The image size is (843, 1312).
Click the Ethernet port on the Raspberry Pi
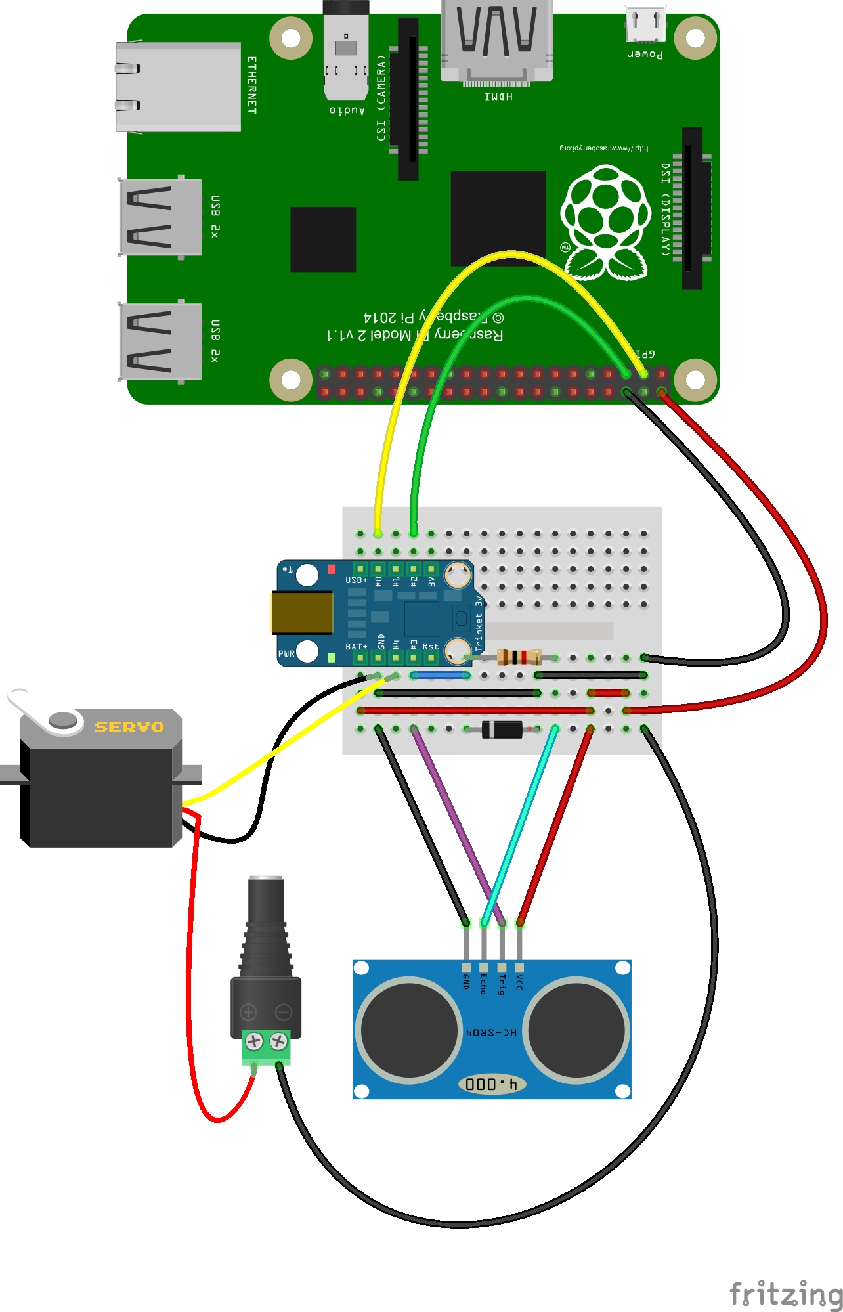coord(177,87)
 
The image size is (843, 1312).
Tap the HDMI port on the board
coord(496,43)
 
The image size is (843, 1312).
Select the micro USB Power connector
coord(645,25)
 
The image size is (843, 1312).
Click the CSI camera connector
coord(408,98)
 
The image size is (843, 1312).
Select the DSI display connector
coord(692,208)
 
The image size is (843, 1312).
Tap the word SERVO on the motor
coord(129,726)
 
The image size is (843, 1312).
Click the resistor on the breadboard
coord(519,657)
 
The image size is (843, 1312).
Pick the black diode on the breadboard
coord(502,729)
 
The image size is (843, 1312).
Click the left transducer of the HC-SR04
coord(408,1030)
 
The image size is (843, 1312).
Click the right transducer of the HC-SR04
coord(576,1030)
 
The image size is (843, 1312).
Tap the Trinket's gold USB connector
coord(303,612)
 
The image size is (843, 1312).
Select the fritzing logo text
coord(786,1294)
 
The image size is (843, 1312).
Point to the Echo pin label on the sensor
coord(484,983)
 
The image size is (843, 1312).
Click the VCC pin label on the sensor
coord(519,982)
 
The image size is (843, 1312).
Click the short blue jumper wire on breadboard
coord(441,674)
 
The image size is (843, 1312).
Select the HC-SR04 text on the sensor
coord(491,1032)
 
